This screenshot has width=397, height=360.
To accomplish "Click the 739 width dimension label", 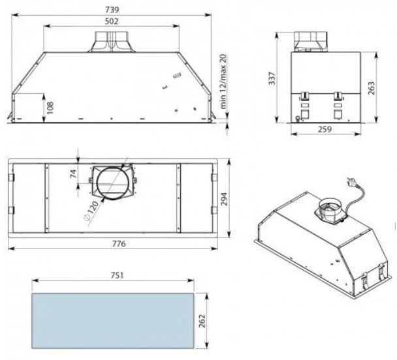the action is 112,10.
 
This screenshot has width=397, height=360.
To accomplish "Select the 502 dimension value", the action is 112,22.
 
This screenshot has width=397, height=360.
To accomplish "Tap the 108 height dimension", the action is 50,108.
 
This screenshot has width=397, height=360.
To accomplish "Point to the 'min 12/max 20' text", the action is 223,82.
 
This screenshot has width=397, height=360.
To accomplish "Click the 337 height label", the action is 272,78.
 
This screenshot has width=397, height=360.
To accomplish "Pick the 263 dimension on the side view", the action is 371,88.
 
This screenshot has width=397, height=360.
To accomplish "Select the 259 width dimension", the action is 325,129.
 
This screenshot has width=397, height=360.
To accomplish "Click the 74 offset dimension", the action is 73,173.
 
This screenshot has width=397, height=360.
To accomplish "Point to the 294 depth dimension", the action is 225,199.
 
